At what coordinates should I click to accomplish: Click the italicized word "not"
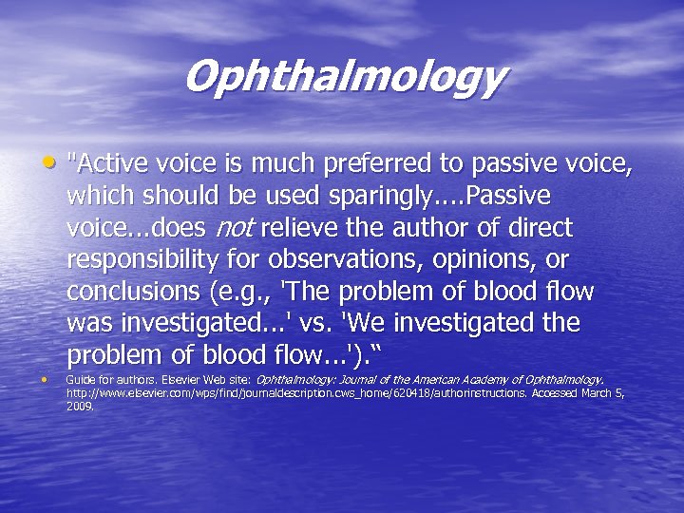pos(237,228)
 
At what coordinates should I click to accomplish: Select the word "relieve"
pos(303,228)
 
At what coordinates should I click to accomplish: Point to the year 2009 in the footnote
pos(80,405)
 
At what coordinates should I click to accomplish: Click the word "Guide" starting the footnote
pos(80,379)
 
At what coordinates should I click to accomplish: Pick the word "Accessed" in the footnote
pos(550,392)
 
